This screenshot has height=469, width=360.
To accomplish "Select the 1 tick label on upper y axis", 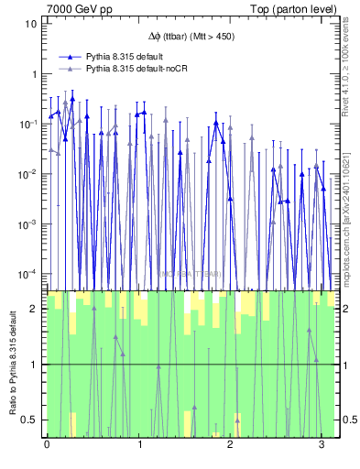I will coord(34,74).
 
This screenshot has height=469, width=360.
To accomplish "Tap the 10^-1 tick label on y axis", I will coord(28,124).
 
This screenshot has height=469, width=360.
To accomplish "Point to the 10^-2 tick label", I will coord(28,174).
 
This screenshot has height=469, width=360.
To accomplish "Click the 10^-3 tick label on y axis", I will coord(28,224).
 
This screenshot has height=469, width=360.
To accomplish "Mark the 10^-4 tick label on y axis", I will coord(28,274).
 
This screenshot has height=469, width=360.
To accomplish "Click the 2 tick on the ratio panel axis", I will coord(35,309).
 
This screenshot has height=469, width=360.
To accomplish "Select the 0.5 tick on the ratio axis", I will coord(31,420).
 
